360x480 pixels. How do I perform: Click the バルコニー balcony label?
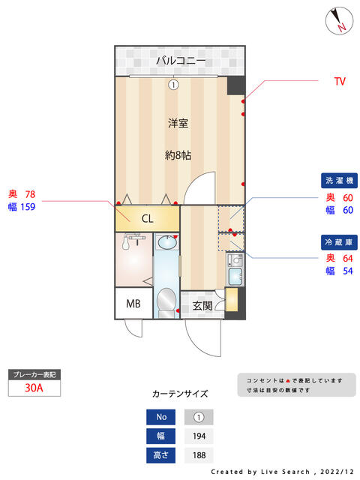(x=181, y=61)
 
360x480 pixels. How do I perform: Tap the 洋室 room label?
(x=178, y=123)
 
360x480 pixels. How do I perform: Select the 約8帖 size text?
(x=178, y=155)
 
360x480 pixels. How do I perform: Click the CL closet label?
(x=147, y=218)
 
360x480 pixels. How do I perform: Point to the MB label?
(x=133, y=304)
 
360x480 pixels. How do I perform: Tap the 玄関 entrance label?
(x=202, y=305)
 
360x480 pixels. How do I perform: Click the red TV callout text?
(x=340, y=82)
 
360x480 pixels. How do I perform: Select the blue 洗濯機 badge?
(x=339, y=181)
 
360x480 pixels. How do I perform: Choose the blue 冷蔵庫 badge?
(x=339, y=242)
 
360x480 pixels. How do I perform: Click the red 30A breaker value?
(x=34, y=388)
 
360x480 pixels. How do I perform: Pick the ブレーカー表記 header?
(x=34, y=375)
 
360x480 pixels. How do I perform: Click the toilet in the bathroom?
(x=166, y=302)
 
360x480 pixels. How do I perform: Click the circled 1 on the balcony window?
(x=173, y=85)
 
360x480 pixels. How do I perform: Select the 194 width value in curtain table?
(x=199, y=436)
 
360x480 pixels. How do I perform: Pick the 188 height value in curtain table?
(x=199, y=455)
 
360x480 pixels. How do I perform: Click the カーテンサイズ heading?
(x=180, y=394)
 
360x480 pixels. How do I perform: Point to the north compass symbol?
(x=339, y=21)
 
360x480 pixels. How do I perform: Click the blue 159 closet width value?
(x=28, y=207)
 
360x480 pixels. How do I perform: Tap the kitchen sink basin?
(x=235, y=275)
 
